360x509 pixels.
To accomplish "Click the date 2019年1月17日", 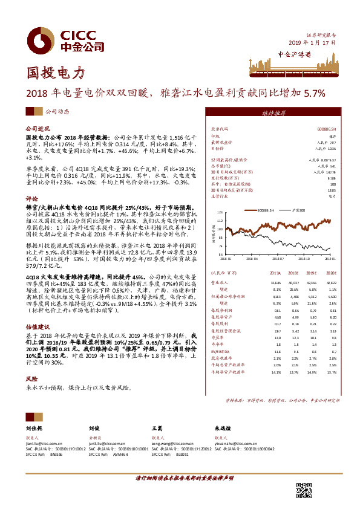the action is click(312, 43).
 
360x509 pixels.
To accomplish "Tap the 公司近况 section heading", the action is click(36, 129).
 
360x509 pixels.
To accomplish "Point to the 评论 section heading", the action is click(31, 198).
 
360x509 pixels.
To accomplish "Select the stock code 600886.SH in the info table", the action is click(326, 129).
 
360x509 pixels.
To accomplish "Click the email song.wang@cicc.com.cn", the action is click(174, 443).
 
